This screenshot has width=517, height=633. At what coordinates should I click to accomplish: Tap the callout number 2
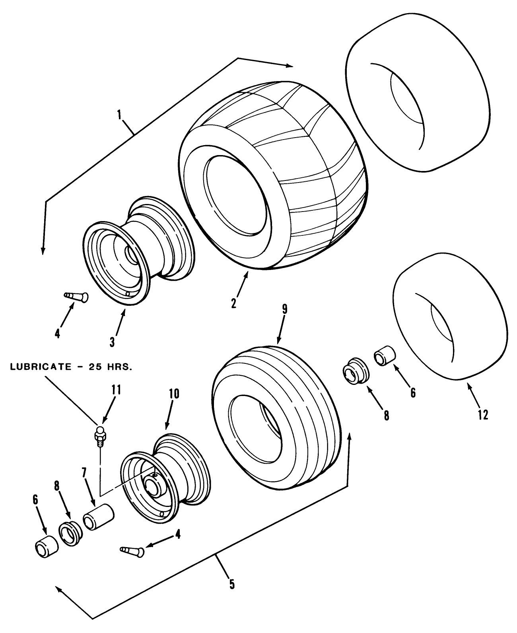[x=233, y=303]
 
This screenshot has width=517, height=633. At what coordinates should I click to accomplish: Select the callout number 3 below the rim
[x=112, y=341]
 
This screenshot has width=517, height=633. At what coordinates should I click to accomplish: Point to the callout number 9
[x=284, y=310]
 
